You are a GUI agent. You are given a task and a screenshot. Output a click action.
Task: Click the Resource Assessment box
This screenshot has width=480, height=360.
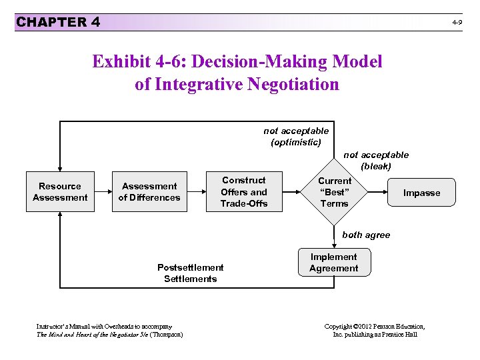click(x=60, y=192)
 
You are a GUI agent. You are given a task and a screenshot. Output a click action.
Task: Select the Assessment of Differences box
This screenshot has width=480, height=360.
click(x=149, y=192)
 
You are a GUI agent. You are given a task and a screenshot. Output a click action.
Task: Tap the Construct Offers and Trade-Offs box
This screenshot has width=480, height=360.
click(x=244, y=191)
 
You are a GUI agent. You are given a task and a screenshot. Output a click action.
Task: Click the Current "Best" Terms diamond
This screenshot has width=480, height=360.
click(x=334, y=191)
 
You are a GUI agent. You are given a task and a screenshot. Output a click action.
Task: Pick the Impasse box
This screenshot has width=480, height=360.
click(x=421, y=193)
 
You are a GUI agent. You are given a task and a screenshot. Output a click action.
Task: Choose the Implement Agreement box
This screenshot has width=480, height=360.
click(x=333, y=263)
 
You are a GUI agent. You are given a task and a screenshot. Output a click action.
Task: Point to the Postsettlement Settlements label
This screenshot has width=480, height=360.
click(x=191, y=273)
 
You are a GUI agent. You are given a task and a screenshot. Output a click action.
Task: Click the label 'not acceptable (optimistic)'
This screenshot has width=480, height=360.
click(x=296, y=137)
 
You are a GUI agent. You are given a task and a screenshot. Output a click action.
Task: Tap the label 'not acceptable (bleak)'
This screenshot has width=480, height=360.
click(x=376, y=160)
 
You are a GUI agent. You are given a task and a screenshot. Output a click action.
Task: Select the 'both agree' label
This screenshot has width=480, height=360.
click(x=366, y=235)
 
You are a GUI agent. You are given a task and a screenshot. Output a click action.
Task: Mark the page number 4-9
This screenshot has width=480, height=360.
click(x=457, y=23)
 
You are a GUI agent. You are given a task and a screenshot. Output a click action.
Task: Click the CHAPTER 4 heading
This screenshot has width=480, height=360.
click(x=58, y=22)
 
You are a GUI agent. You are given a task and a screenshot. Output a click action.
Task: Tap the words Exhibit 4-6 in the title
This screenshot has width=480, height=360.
click(x=133, y=62)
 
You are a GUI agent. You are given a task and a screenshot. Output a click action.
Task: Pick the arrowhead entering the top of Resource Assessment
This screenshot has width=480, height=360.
click(x=60, y=170)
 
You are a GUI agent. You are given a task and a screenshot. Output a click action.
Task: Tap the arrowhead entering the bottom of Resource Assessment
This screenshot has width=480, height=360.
click(x=60, y=215)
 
